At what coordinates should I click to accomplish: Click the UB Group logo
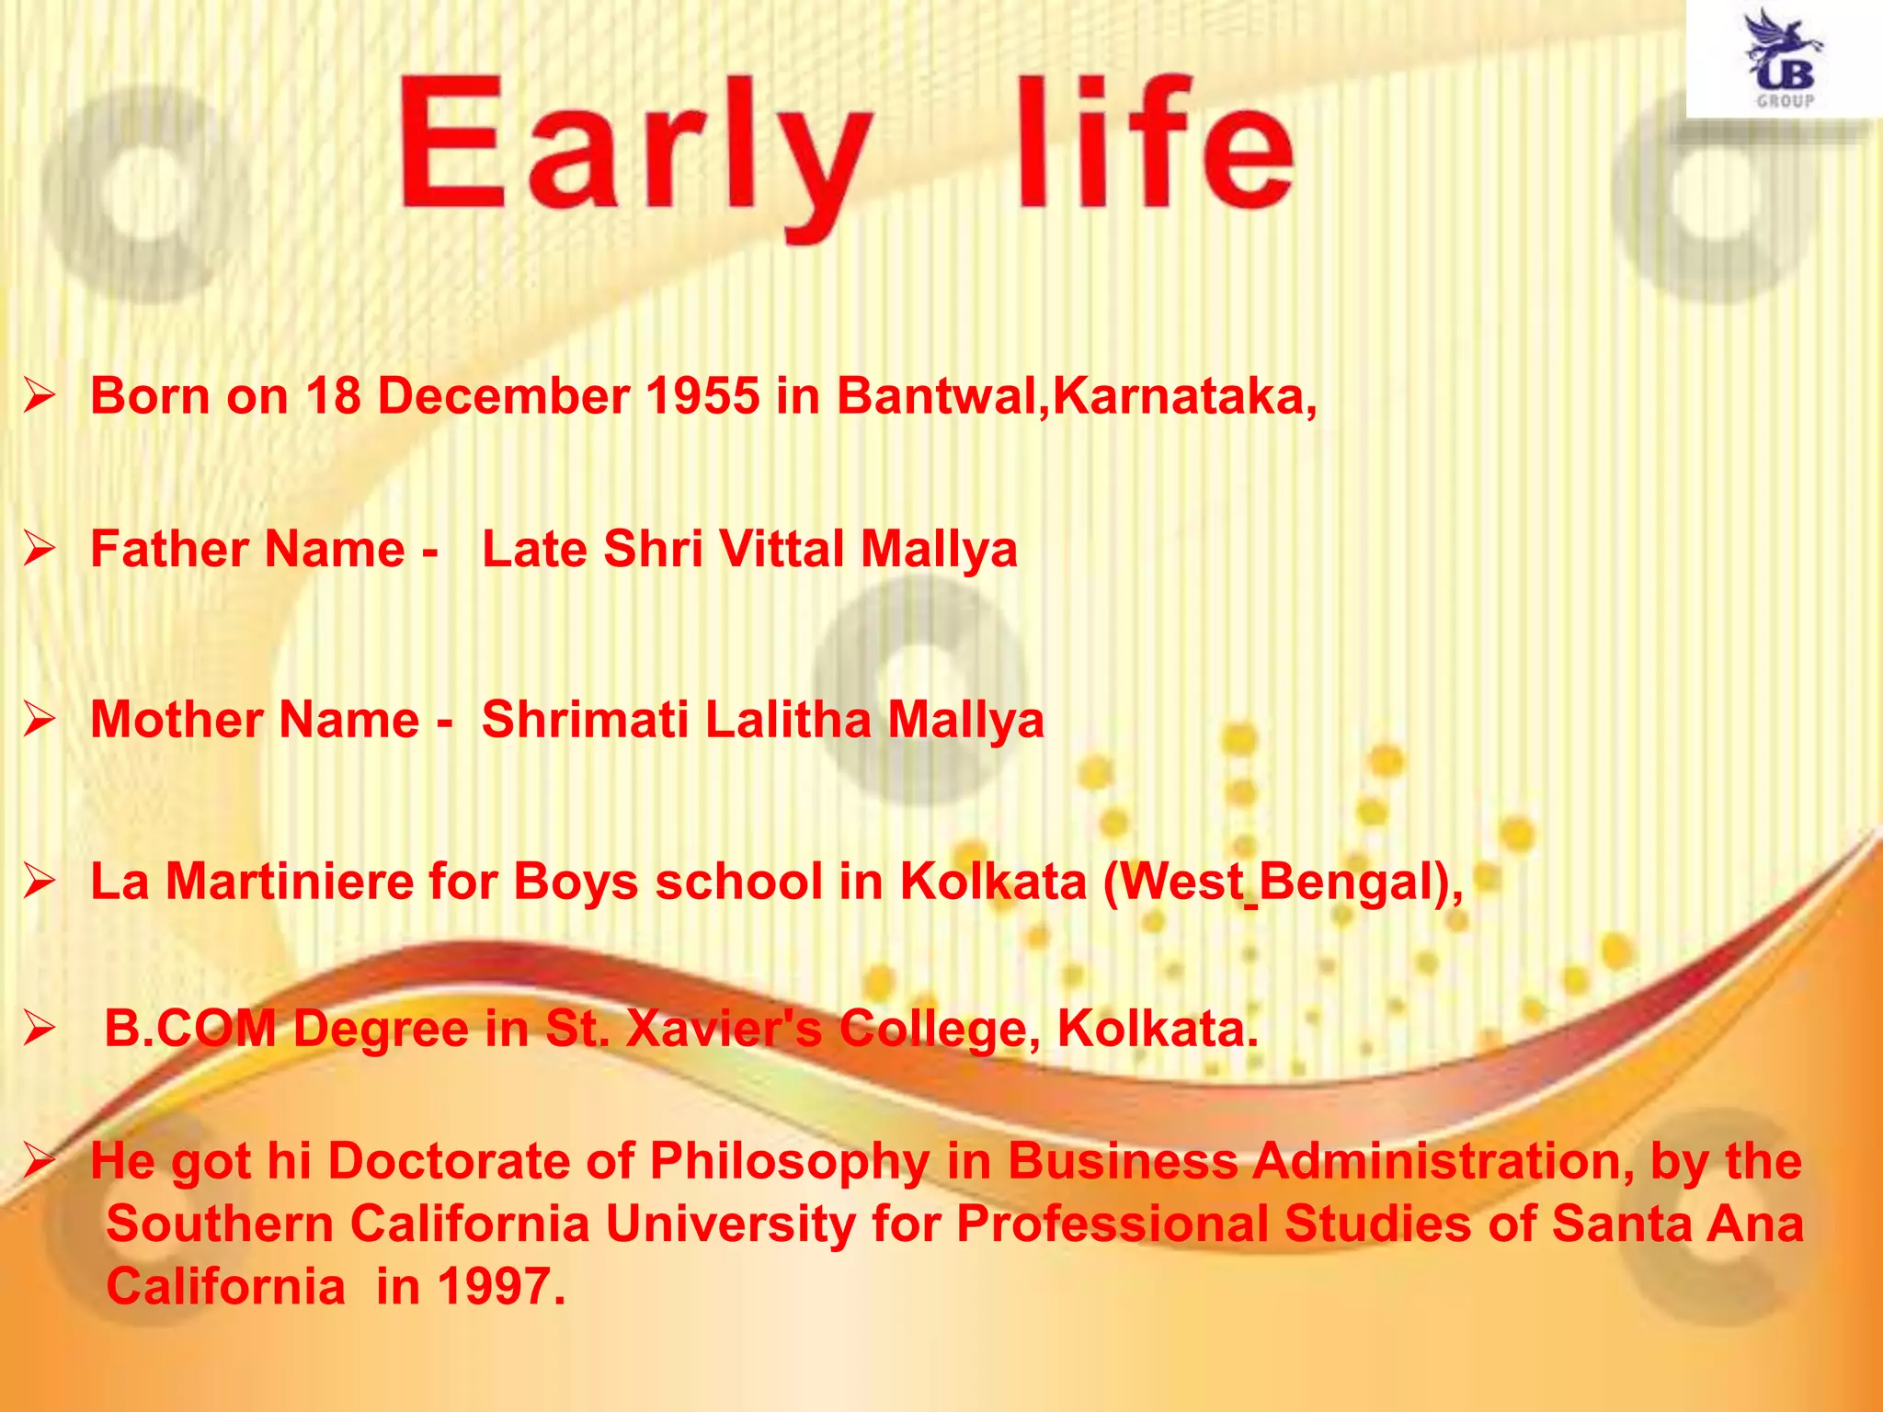[1784, 60]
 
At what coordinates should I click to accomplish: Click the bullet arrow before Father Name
[40, 550]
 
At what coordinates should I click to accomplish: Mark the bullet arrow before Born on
[40, 397]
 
